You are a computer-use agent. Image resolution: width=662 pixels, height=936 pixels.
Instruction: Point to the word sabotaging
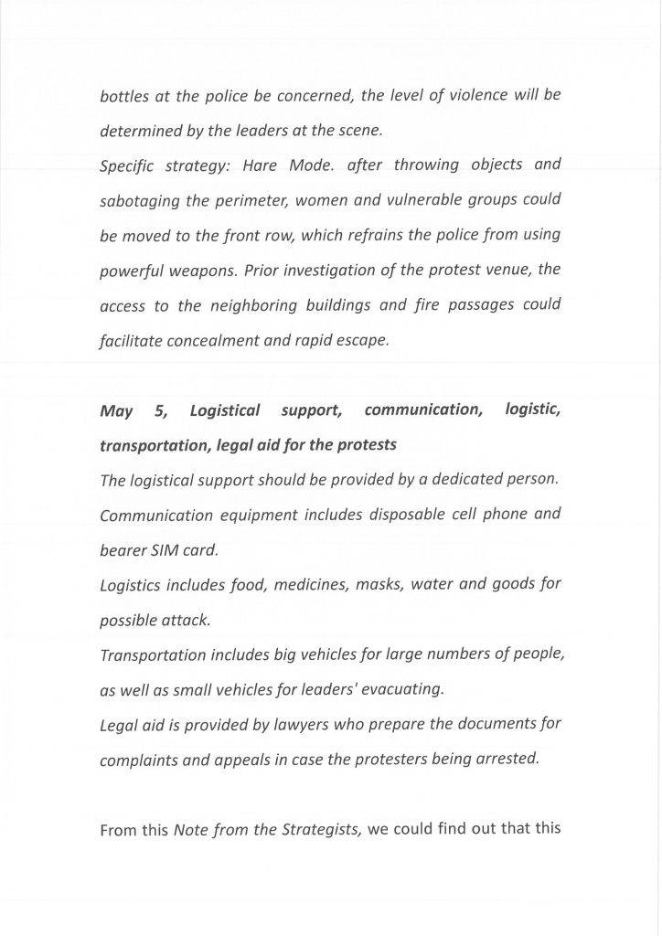(x=140, y=200)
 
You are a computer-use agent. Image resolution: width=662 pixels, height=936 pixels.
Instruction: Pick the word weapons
(x=204, y=271)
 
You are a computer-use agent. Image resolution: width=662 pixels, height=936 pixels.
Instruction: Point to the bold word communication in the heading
(x=422, y=410)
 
